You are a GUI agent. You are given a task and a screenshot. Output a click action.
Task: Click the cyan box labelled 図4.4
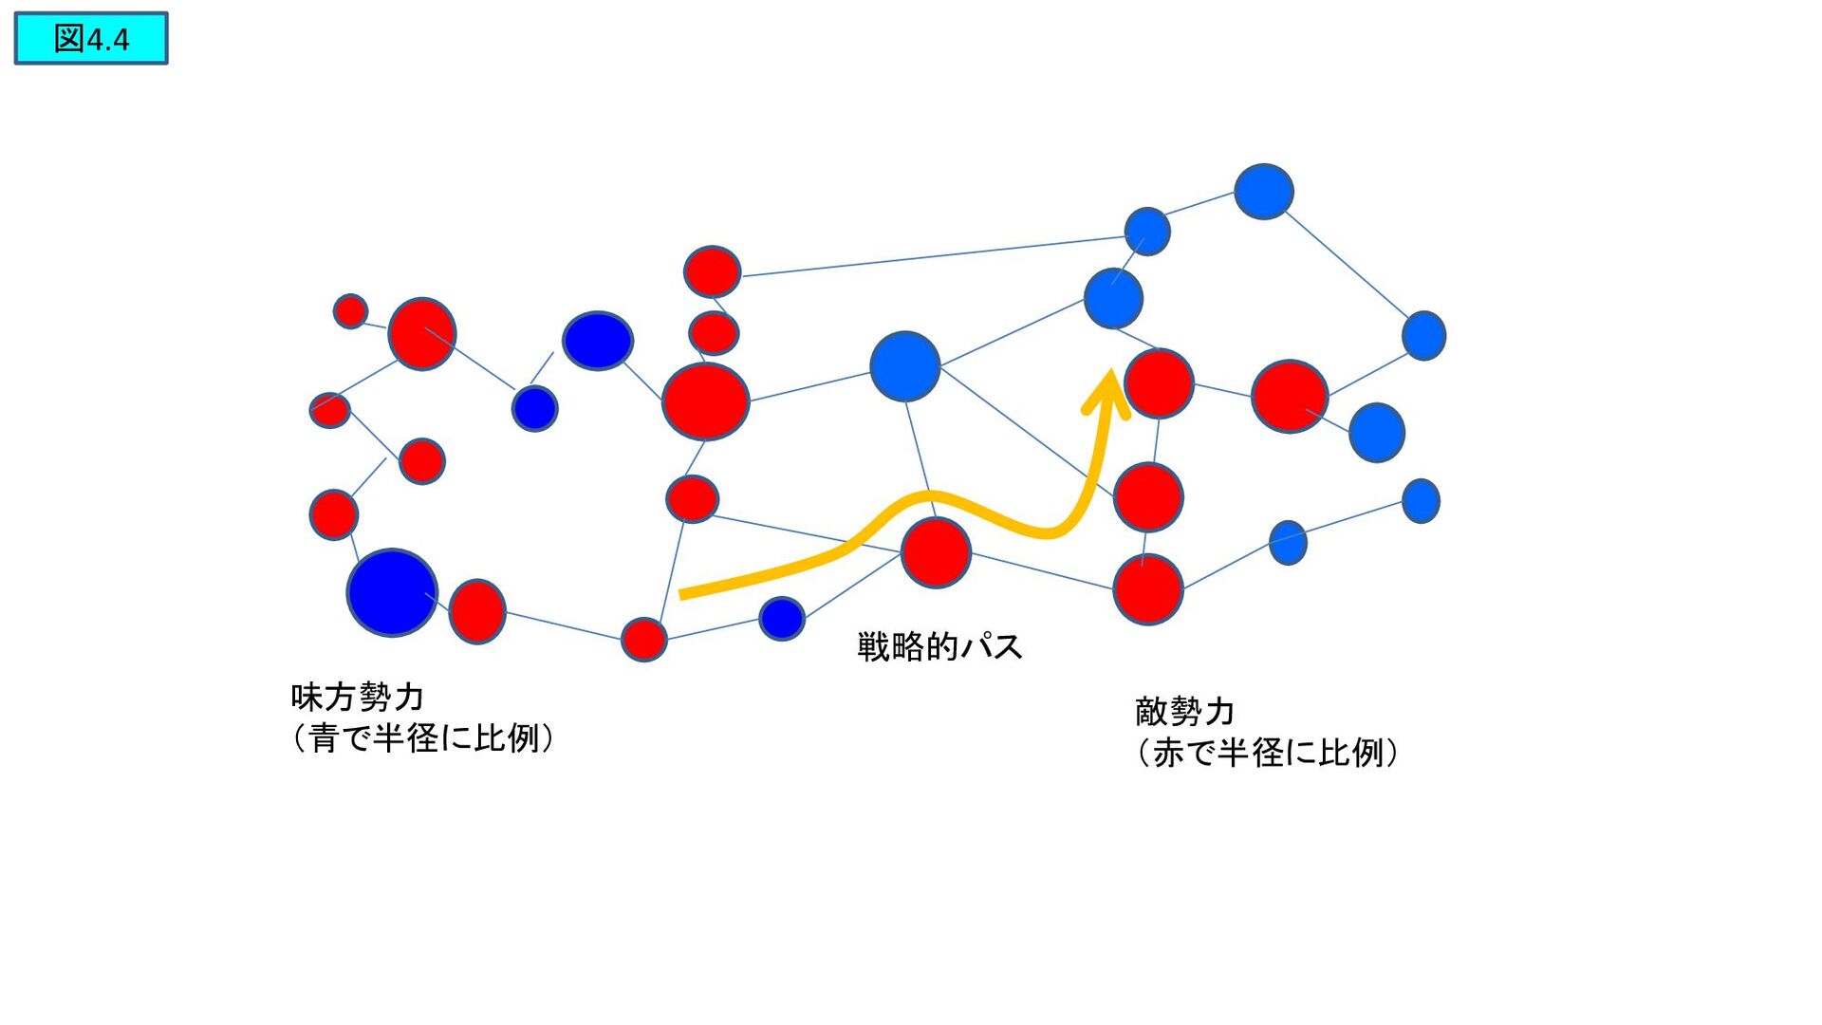coord(91,39)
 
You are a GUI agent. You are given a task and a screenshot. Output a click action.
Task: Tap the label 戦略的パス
coord(939,646)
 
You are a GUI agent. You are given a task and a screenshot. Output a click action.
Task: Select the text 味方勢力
coord(357,697)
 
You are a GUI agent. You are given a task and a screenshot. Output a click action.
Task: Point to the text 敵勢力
coord(1184,711)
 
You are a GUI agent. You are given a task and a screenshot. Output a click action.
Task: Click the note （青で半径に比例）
coord(423,737)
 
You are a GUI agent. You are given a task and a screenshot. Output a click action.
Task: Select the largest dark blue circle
coord(392,592)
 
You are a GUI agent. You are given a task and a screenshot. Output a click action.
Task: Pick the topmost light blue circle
coord(1263,192)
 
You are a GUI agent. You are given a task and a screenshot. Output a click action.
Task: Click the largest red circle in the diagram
coord(706,401)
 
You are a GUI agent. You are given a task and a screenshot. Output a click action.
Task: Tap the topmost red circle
coord(713,271)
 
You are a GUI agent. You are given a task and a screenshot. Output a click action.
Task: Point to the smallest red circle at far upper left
coord(350,310)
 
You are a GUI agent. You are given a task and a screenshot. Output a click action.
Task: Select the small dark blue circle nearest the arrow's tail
coord(782,619)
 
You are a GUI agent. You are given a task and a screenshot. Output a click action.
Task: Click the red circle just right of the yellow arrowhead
coord(1159,383)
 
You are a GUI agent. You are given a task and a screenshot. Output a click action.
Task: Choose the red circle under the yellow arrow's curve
coord(936,552)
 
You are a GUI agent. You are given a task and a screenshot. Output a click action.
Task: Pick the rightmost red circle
coord(1290,396)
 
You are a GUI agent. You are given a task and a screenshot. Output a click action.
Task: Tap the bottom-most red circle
coord(644,639)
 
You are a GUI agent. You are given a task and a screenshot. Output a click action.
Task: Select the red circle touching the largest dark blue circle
coord(477,611)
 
